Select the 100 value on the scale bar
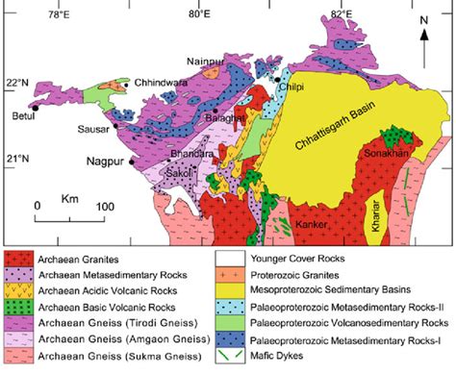(x=104, y=206)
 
